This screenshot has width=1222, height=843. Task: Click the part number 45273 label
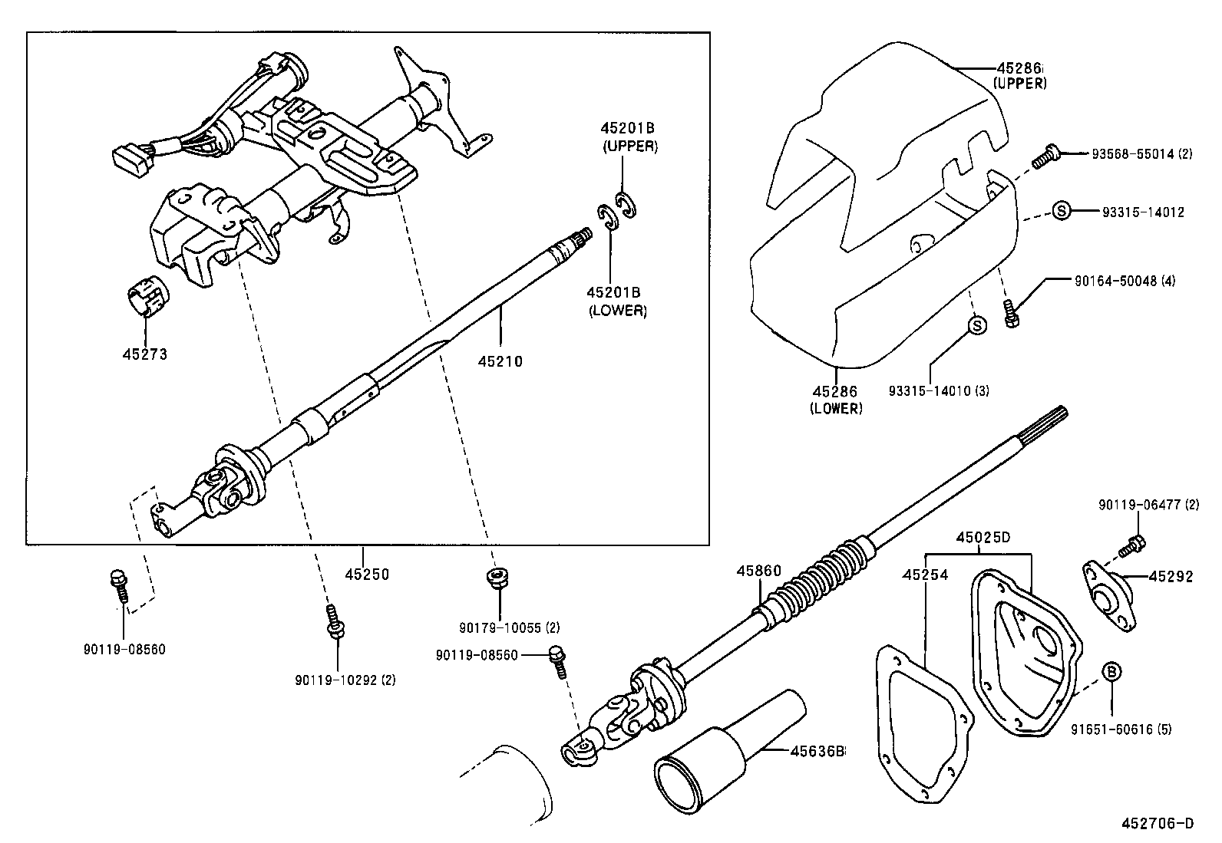click(x=144, y=354)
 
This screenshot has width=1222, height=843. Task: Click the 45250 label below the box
click(x=366, y=574)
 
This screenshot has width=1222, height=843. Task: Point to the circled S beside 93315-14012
click(x=1061, y=211)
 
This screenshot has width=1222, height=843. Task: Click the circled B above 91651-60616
click(x=1111, y=672)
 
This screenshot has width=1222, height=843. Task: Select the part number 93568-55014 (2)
click(x=1141, y=154)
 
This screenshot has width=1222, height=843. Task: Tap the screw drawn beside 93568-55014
click(x=1044, y=156)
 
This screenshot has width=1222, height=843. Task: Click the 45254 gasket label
click(x=925, y=575)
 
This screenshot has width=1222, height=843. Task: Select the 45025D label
click(x=983, y=537)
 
